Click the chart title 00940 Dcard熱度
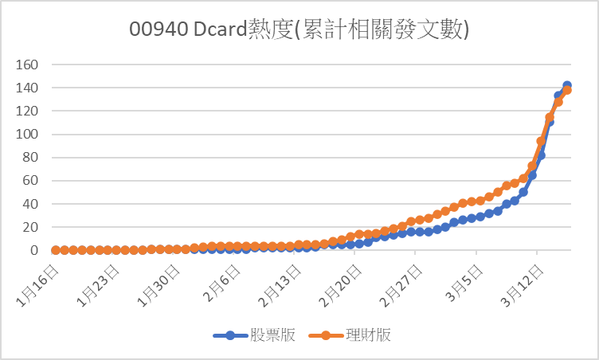(x=299, y=29)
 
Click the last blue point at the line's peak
(x=567, y=85)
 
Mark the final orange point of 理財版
(x=567, y=91)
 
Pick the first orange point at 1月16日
(x=56, y=250)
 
